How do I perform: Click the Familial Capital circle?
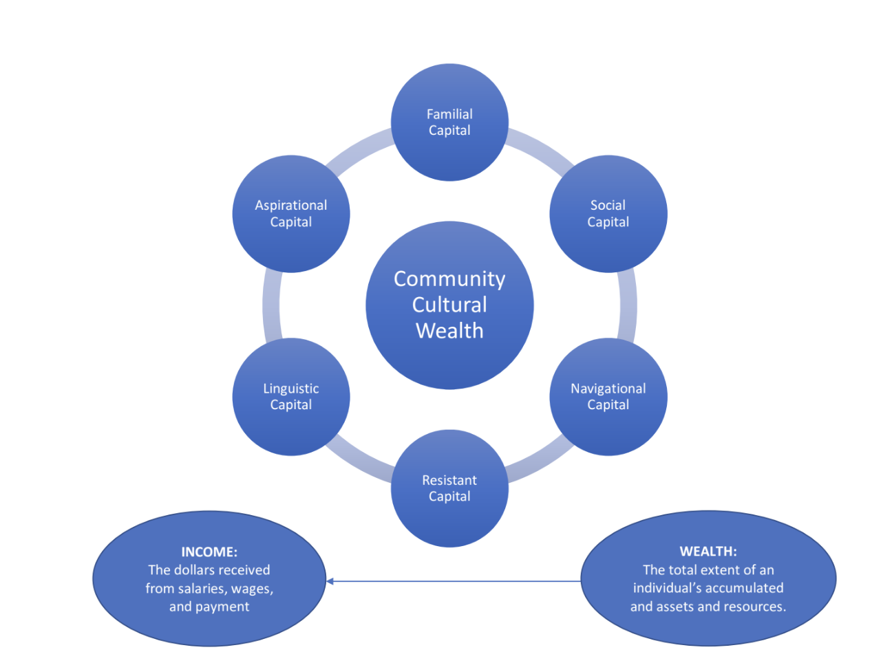449,122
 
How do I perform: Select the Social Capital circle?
608,214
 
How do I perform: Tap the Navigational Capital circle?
608,397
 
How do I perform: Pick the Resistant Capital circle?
449,488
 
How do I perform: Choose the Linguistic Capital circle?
290,397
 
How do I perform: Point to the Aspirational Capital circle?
290,214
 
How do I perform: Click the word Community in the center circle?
449,279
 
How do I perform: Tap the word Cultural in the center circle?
449,305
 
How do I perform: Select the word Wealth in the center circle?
449,331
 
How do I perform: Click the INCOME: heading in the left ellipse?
209,552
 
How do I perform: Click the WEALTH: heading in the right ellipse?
708,551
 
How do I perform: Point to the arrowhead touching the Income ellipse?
330,581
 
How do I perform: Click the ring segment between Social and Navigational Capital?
628,305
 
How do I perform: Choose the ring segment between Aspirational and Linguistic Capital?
271,305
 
